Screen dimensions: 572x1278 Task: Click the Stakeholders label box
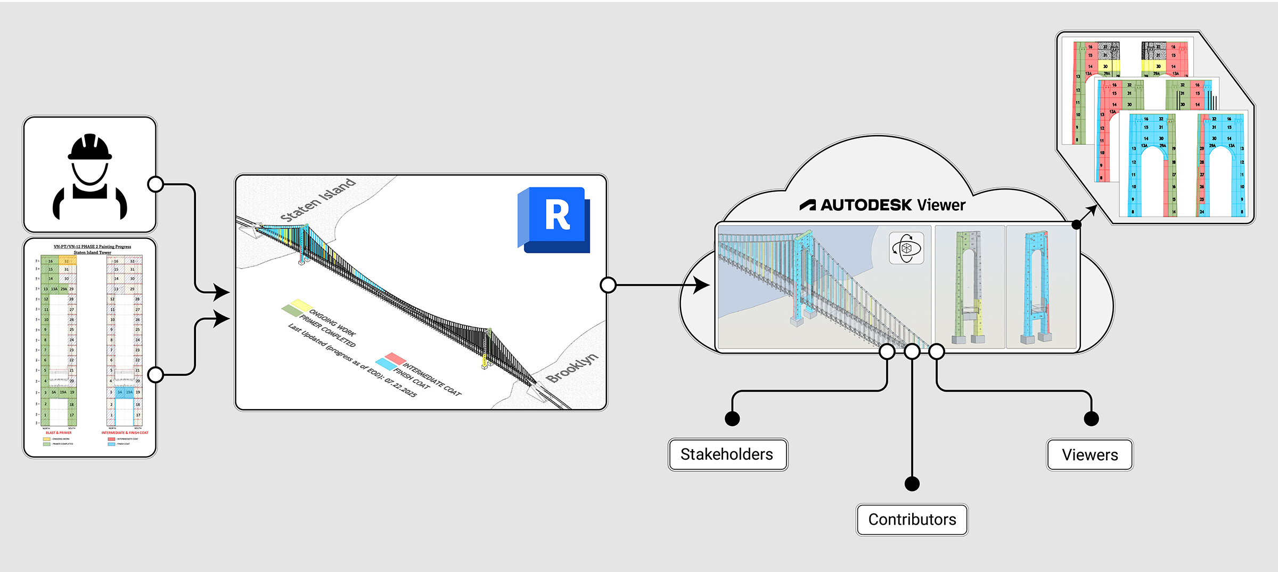coord(727,454)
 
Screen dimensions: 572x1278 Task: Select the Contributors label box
coord(912,519)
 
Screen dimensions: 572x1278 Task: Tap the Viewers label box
coord(1089,455)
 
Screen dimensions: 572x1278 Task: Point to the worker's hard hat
coord(89,147)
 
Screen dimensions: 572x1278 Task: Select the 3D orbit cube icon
coord(906,248)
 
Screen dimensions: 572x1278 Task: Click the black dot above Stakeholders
coord(732,419)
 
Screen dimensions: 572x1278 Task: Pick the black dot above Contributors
coord(912,484)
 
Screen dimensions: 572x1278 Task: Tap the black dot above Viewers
coord(1091,419)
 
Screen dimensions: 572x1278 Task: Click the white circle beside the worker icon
coord(155,184)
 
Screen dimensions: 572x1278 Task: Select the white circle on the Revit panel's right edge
coord(608,285)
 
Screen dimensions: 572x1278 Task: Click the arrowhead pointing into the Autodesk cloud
coord(702,285)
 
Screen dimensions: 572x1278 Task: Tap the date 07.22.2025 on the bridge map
coord(400,387)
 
